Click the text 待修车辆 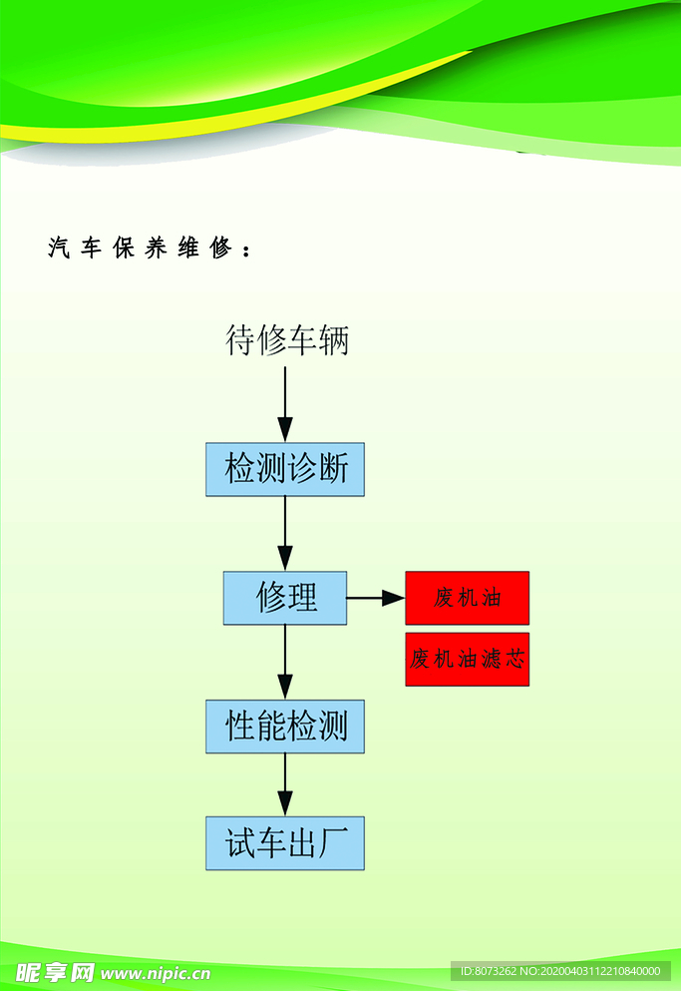287,341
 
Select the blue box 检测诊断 285,469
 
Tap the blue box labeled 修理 285,598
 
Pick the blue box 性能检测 285,727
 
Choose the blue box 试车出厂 285,843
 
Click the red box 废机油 467,598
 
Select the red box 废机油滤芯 467,659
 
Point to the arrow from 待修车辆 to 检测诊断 285,403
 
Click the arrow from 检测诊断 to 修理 285,533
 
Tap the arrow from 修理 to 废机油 376,598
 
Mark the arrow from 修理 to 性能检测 285,662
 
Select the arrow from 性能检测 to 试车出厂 285,784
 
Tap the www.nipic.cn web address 156,973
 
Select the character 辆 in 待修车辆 334,341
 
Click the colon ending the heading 245,249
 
